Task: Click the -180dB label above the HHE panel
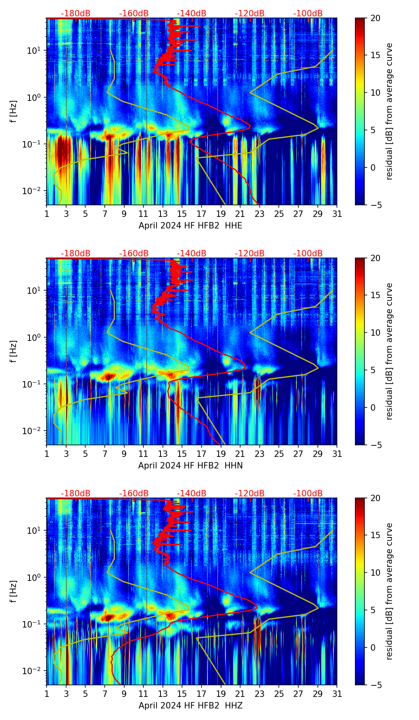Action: (x=76, y=14)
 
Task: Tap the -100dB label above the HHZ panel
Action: (x=308, y=494)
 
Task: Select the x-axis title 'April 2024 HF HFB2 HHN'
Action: (x=190, y=465)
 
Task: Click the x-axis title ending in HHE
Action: (x=190, y=225)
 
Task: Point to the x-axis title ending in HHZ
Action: (x=190, y=705)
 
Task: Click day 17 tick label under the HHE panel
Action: (x=202, y=214)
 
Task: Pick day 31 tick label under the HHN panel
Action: (x=337, y=454)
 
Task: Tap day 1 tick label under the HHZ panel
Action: (x=47, y=694)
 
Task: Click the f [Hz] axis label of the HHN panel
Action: (x=13, y=351)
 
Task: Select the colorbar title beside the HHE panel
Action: (x=389, y=111)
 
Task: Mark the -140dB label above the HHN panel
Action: (x=192, y=254)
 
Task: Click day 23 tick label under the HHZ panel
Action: (x=260, y=694)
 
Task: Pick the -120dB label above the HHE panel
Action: (x=250, y=14)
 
